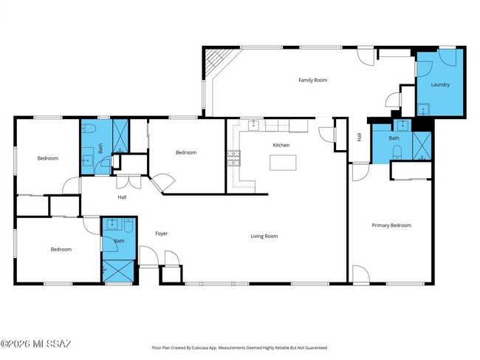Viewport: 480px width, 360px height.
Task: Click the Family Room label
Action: pyautogui.click(x=312, y=80)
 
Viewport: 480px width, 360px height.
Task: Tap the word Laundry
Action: pyautogui.click(x=440, y=84)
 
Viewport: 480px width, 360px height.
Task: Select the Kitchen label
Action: pyautogui.click(x=281, y=146)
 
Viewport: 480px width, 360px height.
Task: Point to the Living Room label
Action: pyautogui.click(x=264, y=236)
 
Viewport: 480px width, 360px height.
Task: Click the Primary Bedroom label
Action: pyautogui.click(x=391, y=225)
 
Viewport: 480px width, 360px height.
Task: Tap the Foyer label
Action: pyautogui.click(x=161, y=234)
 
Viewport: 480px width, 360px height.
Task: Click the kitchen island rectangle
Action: pyautogui.click(x=281, y=163)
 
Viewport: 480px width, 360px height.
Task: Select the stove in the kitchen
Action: pyautogui.click(x=233, y=157)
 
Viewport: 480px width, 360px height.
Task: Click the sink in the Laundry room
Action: pyautogui.click(x=425, y=110)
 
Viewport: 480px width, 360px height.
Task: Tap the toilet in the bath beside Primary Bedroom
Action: pyautogui.click(x=397, y=154)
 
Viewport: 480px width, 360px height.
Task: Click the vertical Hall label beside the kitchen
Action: pyautogui.click(x=360, y=137)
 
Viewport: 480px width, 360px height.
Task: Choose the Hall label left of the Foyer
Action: pyautogui.click(x=122, y=197)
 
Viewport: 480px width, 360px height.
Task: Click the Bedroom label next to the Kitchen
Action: pyautogui.click(x=185, y=152)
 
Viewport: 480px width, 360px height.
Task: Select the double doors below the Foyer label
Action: pyautogui.click(x=159, y=258)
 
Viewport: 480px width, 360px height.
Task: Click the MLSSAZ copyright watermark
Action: pyautogui.click(x=36, y=344)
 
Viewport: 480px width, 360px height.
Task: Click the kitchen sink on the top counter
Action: pyautogui.click(x=253, y=124)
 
